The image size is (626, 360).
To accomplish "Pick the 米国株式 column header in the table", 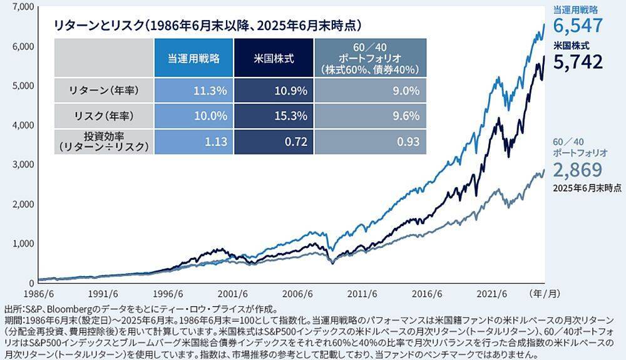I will pyautogui.click(x=274, y=58).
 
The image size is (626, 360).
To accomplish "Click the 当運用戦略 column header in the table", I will pyautogui.click(x=193, y=58).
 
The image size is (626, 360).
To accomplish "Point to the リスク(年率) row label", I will pyautogui.click(x=103, y=116).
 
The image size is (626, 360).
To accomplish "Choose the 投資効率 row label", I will pyautogui.click(x=103, y=141).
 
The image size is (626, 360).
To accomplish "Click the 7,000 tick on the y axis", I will pyautogui.click(x=22, y=7).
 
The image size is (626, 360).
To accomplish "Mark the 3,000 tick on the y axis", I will pyautogui.click(x=22, y=165).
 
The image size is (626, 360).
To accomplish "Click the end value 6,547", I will pyautogui.click(x=578, y=26).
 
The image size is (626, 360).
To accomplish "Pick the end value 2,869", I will pyautogui.click(x=578, y=170).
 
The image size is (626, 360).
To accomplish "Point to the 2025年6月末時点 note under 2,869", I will pyautogui.click(x=587, y=187).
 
